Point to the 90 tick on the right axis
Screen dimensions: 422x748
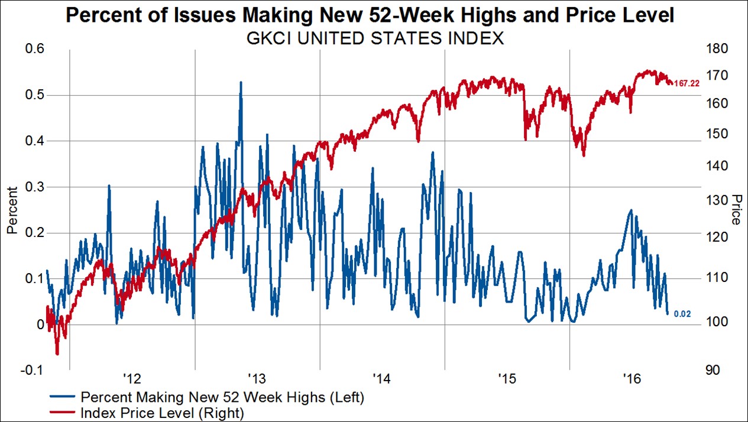click(714, 370)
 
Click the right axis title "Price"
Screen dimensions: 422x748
click(736, 209)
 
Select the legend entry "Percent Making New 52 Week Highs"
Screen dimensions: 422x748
click(222, 397)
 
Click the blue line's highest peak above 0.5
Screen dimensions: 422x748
click(241, 82)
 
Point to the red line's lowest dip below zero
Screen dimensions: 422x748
click(57, 354)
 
